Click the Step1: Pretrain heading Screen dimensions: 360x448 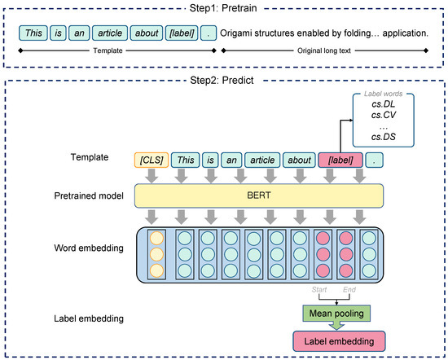pos(224,7)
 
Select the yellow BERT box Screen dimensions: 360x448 pos(258,196)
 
